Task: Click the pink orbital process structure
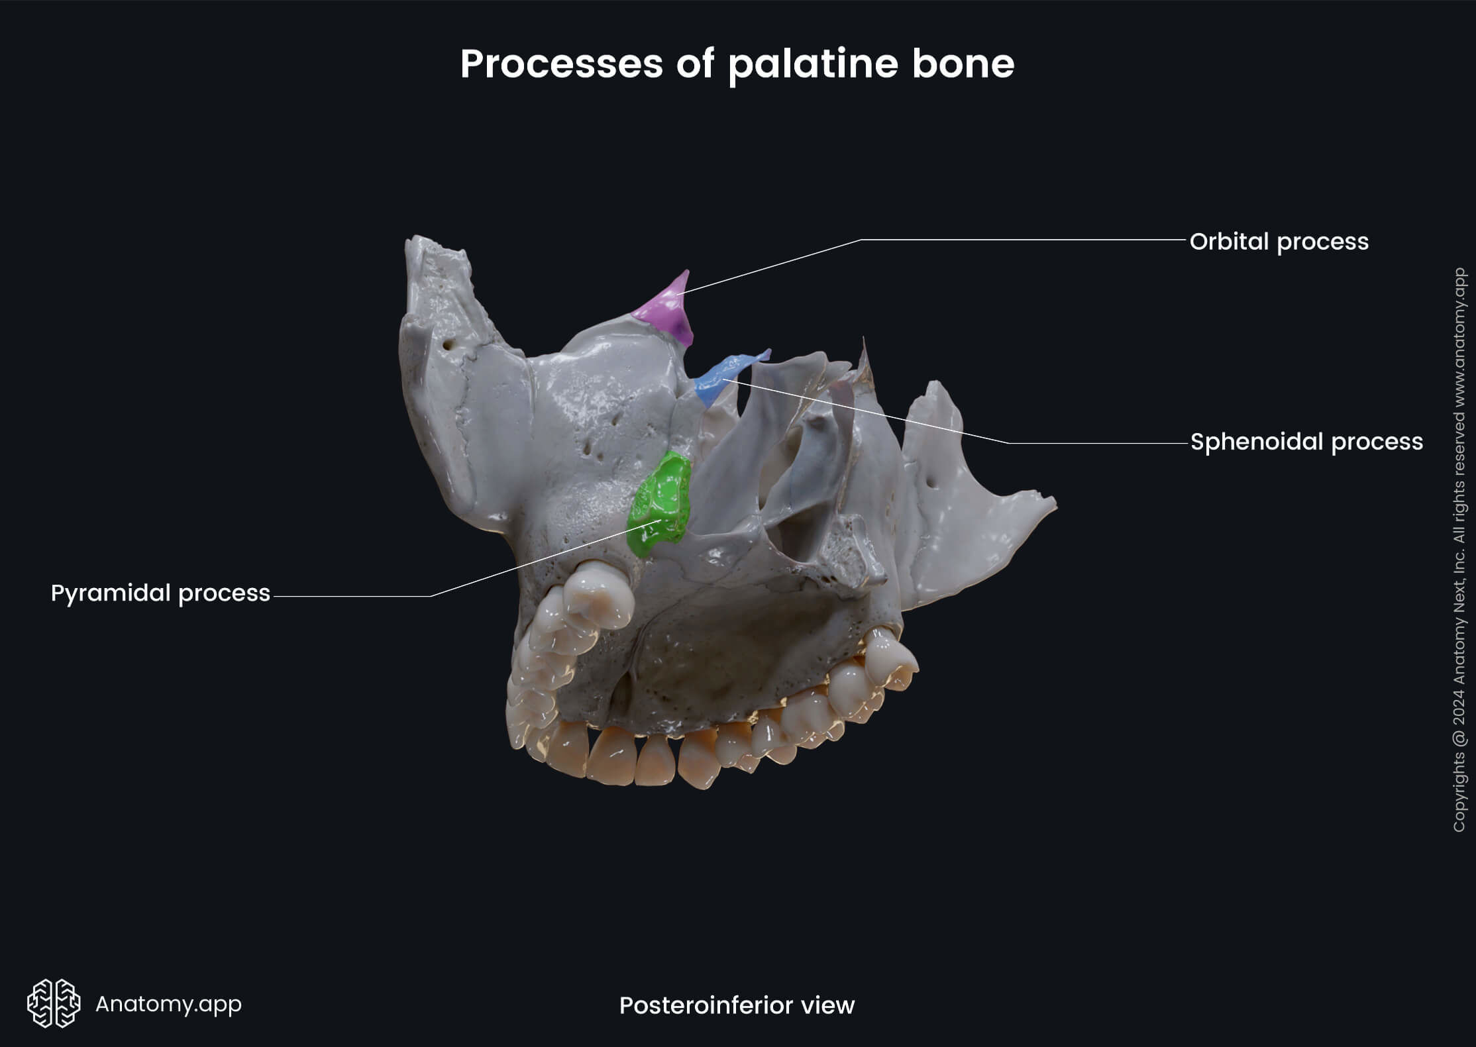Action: point(666,310)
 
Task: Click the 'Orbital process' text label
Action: point(1279,242)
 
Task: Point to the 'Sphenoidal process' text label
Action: point(1306,442)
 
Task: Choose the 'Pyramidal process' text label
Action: point(160,593)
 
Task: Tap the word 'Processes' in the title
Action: point(561,64)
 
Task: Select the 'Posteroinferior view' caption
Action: point(737,1005)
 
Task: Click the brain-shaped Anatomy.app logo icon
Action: point(54,1003)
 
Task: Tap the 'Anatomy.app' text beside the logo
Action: point(168,1004)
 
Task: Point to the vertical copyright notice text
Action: point(1459,550)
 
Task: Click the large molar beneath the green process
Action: point(596,599)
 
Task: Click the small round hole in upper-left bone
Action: point(450,345)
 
